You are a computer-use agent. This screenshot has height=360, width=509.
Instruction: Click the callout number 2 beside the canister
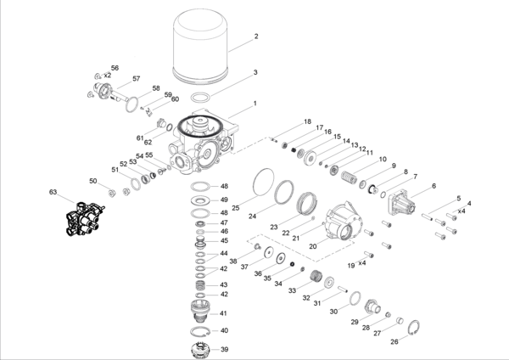tap(255, 37)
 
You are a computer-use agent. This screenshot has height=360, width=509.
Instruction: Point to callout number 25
tap(236, 207)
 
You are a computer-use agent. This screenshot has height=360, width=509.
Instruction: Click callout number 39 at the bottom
tap(225, 349)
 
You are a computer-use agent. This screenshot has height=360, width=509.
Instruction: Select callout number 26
tap(394, 342)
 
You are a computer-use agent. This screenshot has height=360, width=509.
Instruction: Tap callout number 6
tap(433, 186)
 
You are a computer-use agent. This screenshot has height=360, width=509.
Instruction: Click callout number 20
tap(312, 246)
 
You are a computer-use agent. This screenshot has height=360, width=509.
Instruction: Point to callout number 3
tap(255, 73)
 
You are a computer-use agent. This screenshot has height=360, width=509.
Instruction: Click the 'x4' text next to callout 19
tap(361, 263)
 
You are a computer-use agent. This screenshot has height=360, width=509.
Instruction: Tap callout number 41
tap(225, 314)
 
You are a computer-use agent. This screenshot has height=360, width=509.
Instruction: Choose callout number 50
tap(93, 181)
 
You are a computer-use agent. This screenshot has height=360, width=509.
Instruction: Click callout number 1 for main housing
tap(253, 104)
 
